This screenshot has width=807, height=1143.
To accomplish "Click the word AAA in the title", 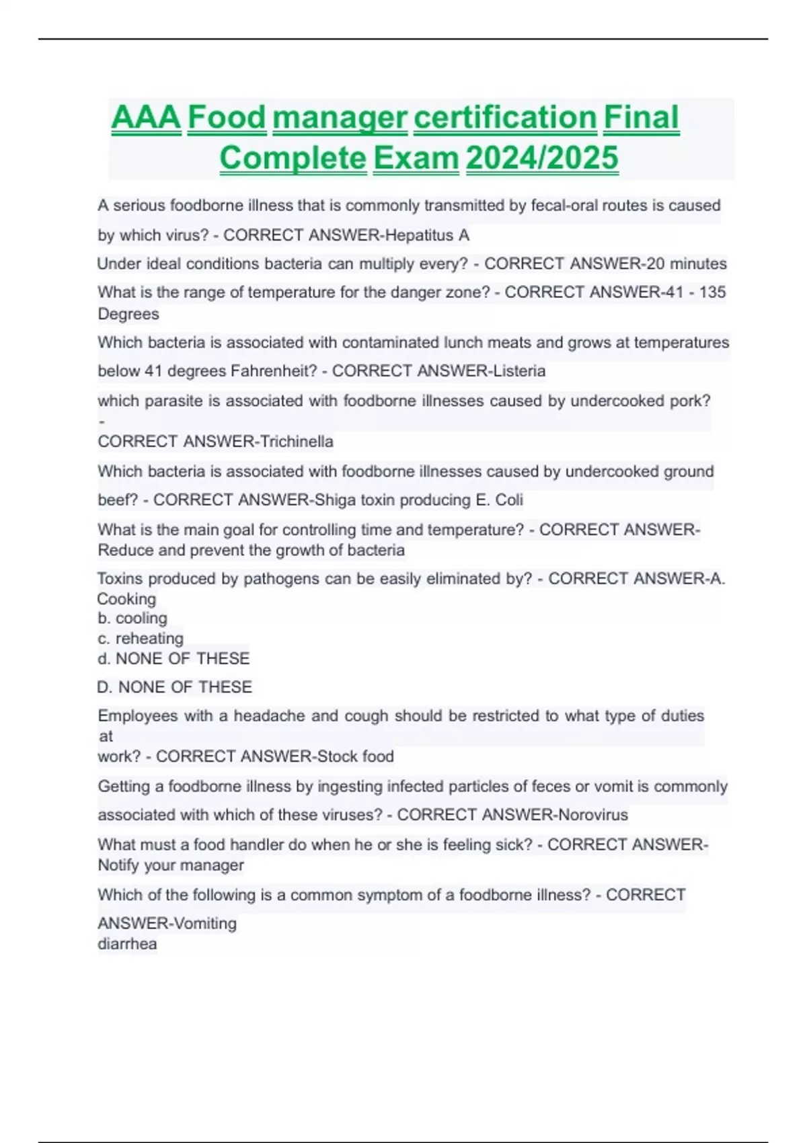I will click(x=146, y=118).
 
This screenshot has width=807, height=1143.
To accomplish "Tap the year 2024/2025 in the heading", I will click(x=541, y=159).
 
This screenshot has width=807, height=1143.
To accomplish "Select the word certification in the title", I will click(x=505, y=118).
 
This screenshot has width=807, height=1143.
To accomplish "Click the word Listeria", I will click(x=519, y=371).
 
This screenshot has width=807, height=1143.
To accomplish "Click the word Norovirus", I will click(x=593, y=815).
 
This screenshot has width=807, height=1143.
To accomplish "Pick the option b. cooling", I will click(x=132, y=619).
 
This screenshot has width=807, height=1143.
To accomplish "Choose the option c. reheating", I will click(x=141, y=639).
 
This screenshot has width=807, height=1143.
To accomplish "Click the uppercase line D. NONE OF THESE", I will click(x=175, y=687).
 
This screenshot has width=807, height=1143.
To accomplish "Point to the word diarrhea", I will click(x=127, y=944).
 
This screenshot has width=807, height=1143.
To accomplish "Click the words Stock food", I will click(x=355, y=756).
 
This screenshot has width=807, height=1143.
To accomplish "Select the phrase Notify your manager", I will click(x=171, y=865).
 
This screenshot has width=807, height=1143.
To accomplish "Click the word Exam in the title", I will click(x=416, y=159).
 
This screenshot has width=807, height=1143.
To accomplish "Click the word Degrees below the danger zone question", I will click(x=128, y=314).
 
